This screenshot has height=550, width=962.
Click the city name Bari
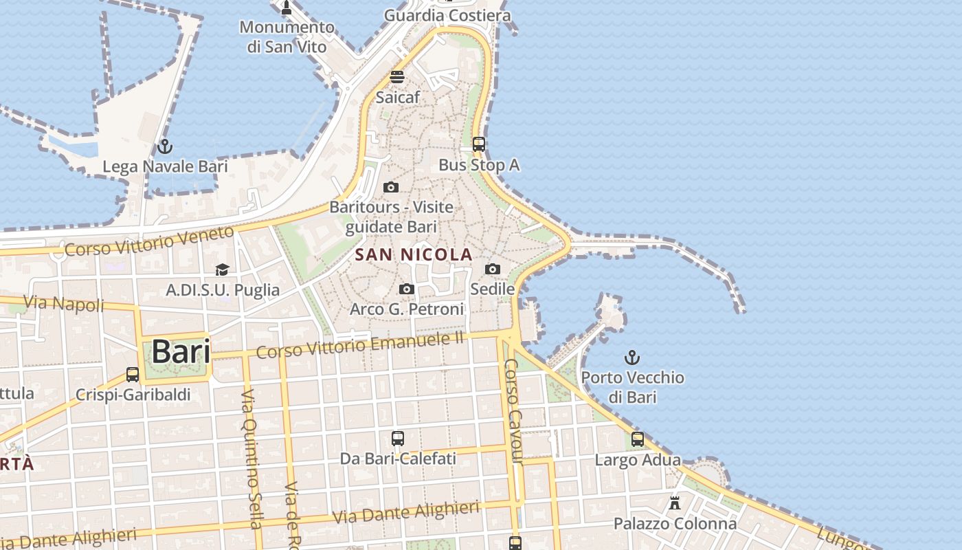[181, 351]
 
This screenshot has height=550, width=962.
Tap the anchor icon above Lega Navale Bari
[164, 146]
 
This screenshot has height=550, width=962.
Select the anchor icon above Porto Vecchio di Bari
[631, 357]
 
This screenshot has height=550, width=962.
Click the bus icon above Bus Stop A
[479, 144]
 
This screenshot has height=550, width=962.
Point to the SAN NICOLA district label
[414, 254]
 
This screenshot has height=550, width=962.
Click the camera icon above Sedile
[493, 269]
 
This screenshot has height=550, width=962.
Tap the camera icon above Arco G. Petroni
[407, 289]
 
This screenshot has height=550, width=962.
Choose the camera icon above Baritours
[391, 187]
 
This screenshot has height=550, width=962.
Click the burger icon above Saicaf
[397, 76]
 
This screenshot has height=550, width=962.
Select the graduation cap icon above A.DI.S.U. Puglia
[222, 269]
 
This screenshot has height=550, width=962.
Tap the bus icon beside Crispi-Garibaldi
[133, 375]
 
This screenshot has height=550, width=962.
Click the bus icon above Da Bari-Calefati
[398, 438]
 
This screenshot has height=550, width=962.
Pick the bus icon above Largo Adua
[638, 439]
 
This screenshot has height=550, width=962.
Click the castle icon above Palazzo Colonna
[675, 503]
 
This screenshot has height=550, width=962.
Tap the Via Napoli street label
[64, 303]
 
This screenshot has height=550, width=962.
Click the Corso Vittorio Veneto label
[149, 241]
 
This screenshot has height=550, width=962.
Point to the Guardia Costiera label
[447, 15]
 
